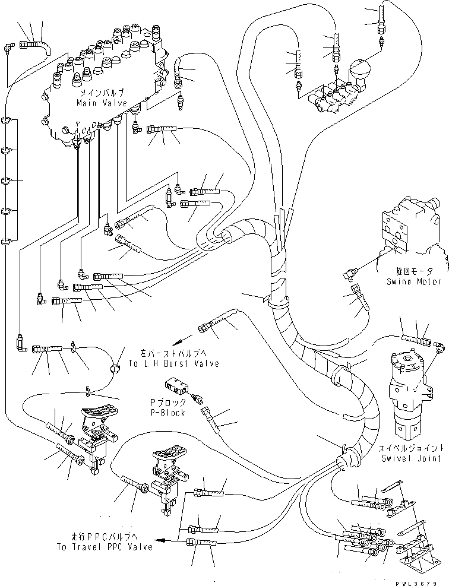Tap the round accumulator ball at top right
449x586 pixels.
pyautogui.click(x=362, y=69)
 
